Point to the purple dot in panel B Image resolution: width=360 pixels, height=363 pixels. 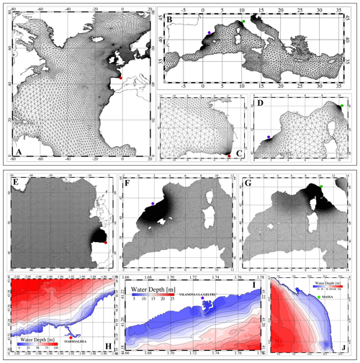pos(208,33)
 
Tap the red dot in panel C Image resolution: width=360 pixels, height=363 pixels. pos(229,156)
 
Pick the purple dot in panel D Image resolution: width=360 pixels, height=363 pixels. pos(269,136)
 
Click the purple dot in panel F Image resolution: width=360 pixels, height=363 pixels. pos(153,205)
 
